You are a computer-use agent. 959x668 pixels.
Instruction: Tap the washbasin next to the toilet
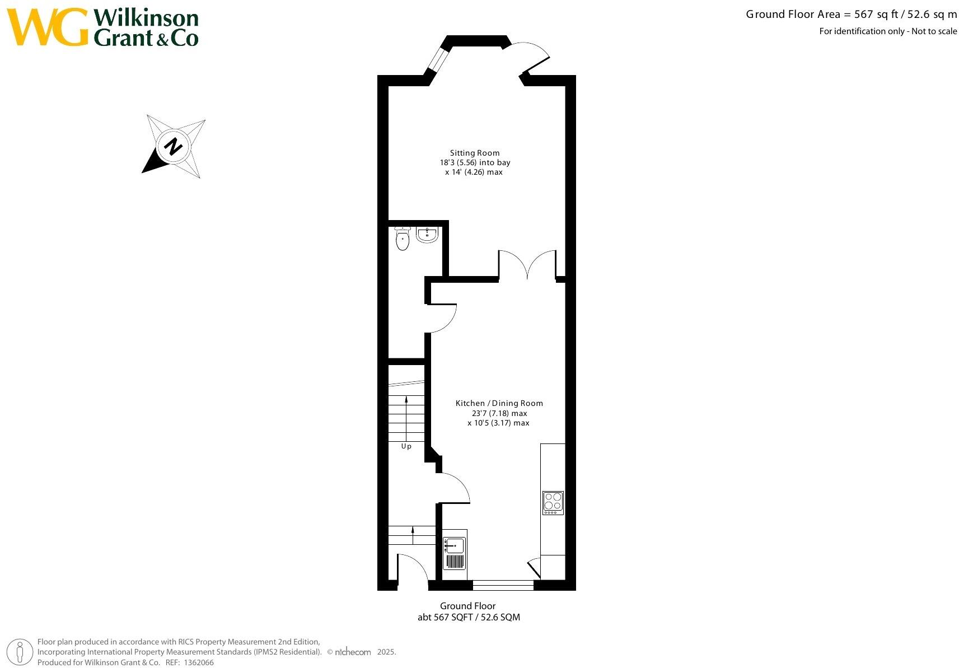[x=427, y=234]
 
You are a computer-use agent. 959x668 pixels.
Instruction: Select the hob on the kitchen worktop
[x=553, y=502]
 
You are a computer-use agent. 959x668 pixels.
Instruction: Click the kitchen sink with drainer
[x=454, y=553]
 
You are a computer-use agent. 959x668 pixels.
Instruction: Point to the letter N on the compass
[x=174, y=147]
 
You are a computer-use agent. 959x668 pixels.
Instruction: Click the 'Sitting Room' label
[x=475, y=153]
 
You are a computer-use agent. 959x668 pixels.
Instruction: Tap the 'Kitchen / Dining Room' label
[x=499, y=403]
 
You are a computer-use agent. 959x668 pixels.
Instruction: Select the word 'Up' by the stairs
[x=406, y=446]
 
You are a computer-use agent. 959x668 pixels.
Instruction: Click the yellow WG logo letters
[x=47, y=27]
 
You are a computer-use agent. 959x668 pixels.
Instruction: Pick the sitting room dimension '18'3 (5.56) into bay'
[x=475, y=162]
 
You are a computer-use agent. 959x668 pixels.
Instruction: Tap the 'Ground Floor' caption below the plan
[x=467, y=606]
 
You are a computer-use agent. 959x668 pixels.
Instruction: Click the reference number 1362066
[x=199, y=662]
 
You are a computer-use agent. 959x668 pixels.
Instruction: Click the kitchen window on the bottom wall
[x=503, y=585]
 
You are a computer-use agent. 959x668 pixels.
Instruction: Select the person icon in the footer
[x=21, y=652]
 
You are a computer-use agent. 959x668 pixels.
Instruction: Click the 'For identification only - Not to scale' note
[x=888, y=31]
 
